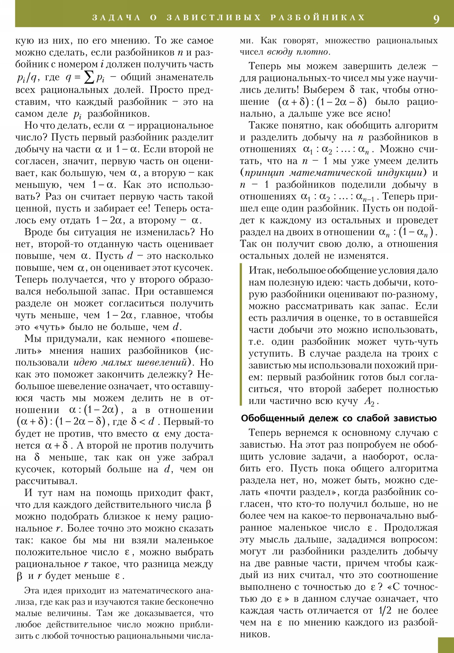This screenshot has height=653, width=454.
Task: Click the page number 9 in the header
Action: pos(436,19)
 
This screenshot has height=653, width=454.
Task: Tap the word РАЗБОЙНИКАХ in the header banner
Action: pos(318,18)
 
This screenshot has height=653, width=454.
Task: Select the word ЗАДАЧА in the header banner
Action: pos(117,18)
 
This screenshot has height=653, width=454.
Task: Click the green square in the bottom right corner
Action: pos(446,645)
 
